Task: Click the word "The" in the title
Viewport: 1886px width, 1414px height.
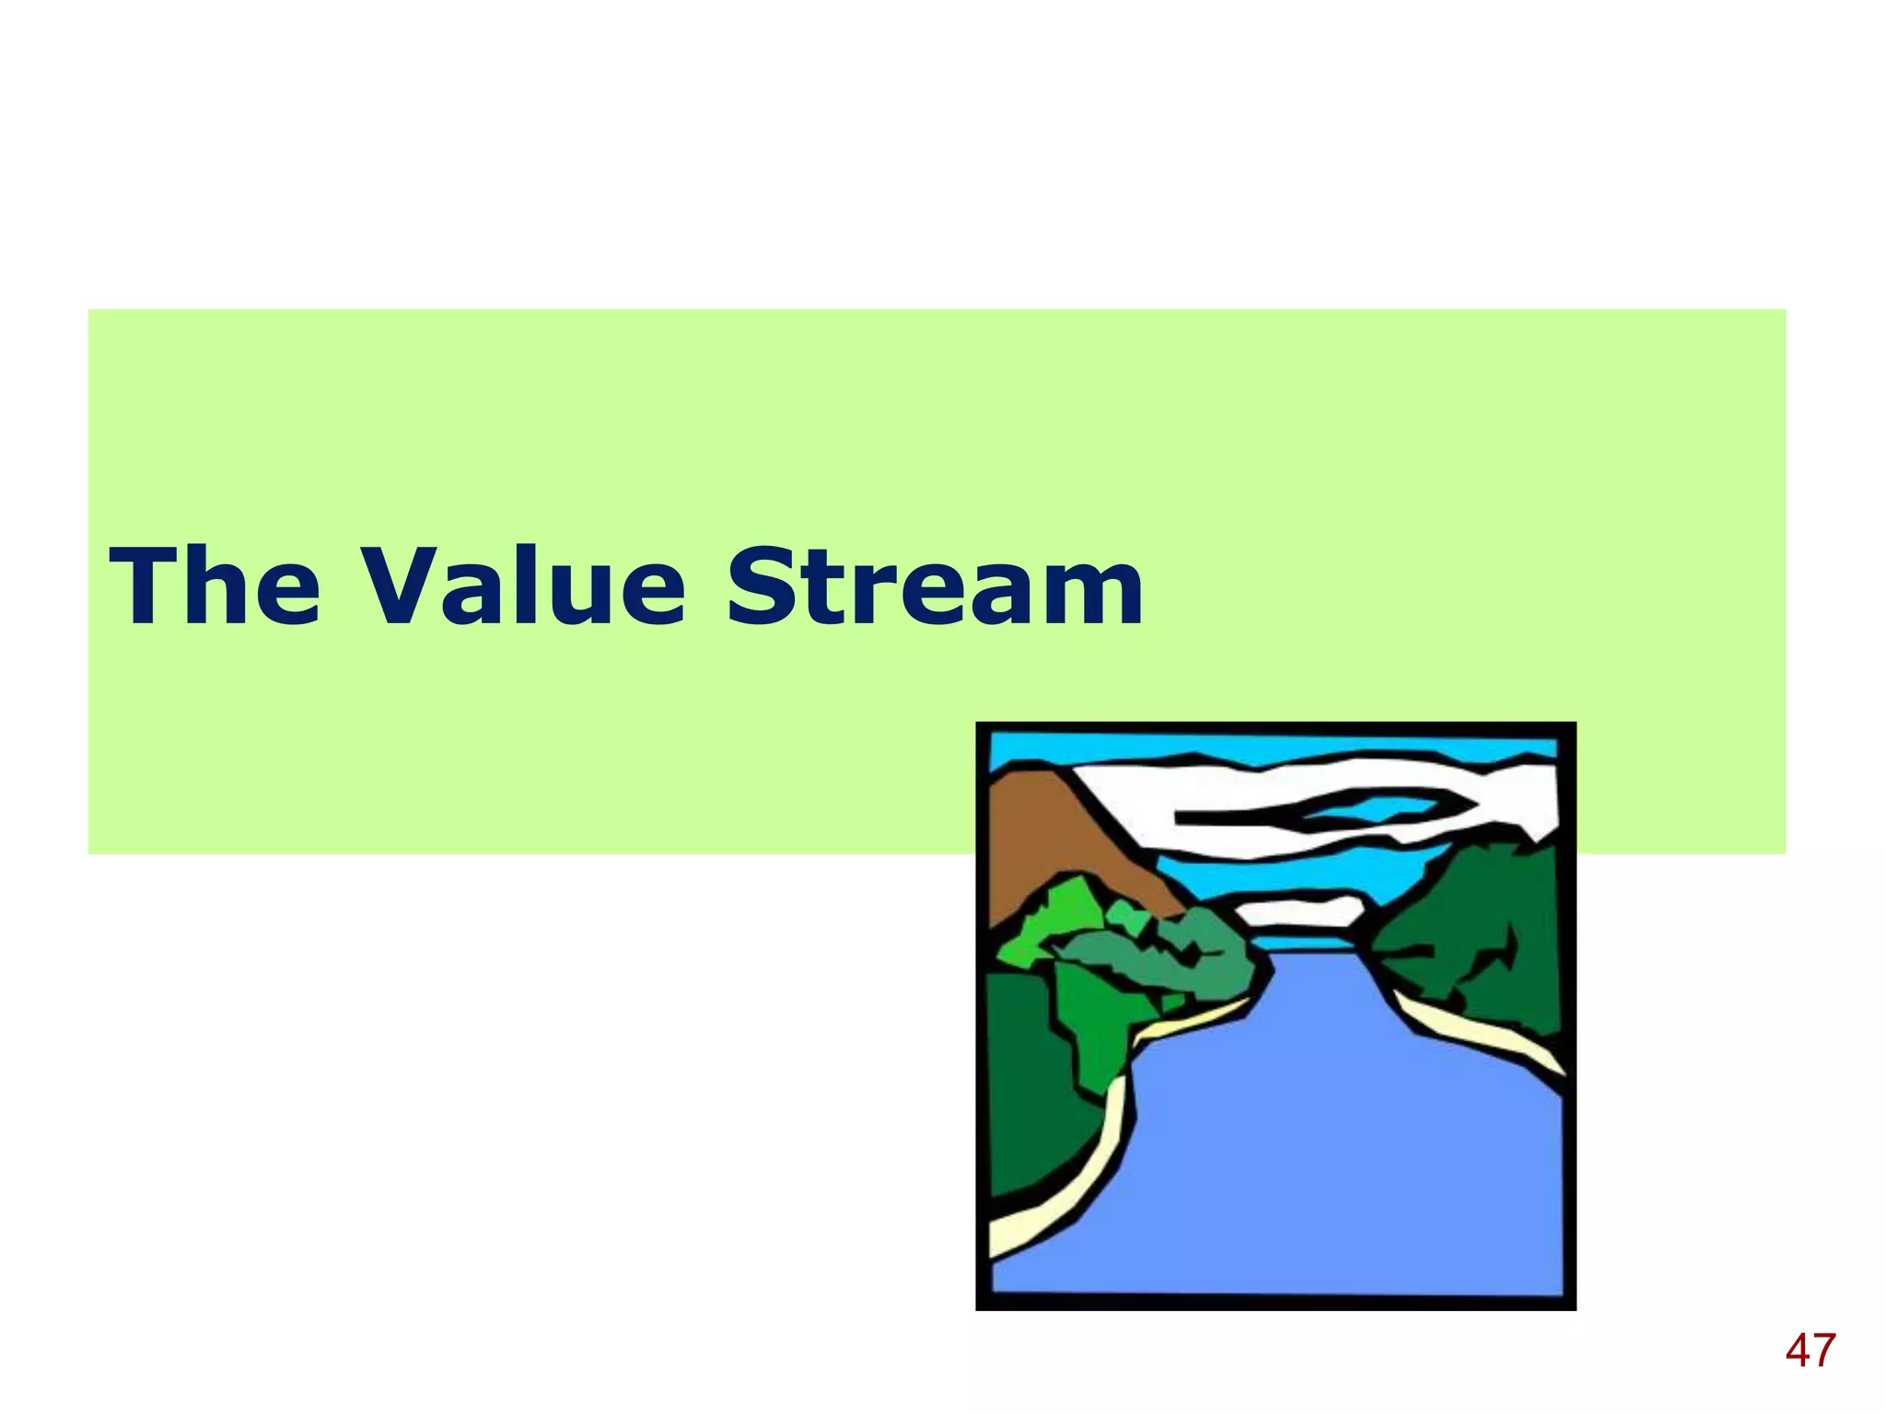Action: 215,586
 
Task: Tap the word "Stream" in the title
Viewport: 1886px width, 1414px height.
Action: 935,586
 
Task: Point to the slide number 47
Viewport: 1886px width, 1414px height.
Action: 1810,1351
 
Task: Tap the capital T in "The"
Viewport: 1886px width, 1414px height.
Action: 145,586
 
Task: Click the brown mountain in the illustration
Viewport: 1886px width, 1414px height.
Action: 1050,838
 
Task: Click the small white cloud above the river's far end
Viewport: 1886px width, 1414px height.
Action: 1298,911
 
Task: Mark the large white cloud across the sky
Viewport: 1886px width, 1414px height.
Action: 1289,782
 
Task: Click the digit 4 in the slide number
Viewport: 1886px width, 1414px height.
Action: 1798,1351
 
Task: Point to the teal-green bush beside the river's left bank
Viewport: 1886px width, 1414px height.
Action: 1170,957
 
